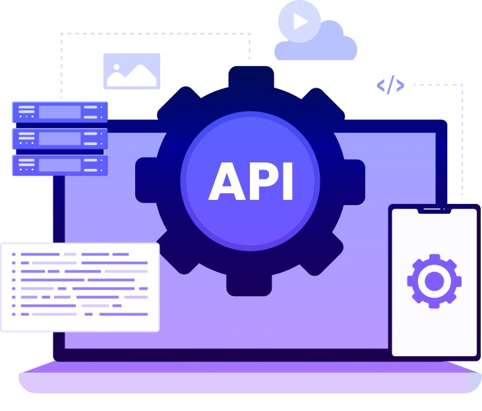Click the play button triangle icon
pos(301,22)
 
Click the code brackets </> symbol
pos(390,84)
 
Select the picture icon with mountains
pos(132,71)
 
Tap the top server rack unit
pos(59,112)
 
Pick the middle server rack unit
pos(59,139)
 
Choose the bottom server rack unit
pos(59,164)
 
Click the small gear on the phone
pos(434,282)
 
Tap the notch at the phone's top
pos(434,210)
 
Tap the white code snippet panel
pos(80,287)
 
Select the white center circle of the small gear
pos(434,282)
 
